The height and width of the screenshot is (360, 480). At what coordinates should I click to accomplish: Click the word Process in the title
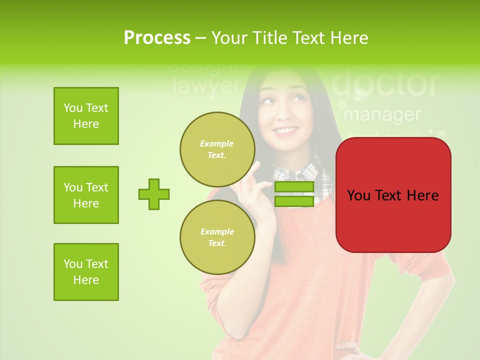coord(157,37)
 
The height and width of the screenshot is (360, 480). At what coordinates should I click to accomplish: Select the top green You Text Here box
coord(86,116)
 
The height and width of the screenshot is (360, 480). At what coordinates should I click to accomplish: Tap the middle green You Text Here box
coord(86,195)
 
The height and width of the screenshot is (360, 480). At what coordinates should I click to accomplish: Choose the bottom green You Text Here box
coord(86,272)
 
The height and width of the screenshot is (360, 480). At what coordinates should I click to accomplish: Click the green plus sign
coord(154,194)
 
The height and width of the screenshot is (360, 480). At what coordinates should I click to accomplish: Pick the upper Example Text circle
coord(217,149)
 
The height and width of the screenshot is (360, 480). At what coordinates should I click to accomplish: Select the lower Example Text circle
coord(217,237)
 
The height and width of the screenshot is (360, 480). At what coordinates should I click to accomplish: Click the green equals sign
coord(294,194)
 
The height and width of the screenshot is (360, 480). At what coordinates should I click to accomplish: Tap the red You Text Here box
coord(393,195)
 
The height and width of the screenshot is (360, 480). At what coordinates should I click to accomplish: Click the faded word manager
coord(382,115)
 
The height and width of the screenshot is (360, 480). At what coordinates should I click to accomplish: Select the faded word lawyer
coord(206,86)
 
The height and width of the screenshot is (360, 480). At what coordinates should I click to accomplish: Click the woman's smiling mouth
coord(286,131)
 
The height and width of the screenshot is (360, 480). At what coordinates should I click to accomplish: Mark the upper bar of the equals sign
coord(294,187)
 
